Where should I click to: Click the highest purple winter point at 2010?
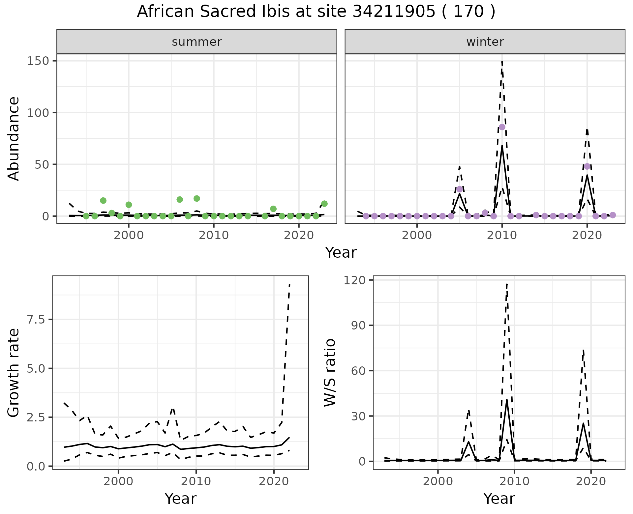(502, 127)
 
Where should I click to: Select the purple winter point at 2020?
(587, 166)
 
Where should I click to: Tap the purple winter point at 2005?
(459, 189)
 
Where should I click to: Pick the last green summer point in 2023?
(324, 204)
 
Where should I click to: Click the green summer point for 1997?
(103, 201)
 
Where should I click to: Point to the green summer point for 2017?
(273, 209)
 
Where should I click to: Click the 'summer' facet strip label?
(197, 42)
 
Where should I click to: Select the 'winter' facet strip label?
(485, 42)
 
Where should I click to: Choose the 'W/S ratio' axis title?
(330, 372)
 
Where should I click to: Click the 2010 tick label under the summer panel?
(214, 236)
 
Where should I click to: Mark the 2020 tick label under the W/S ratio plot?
(591, 481)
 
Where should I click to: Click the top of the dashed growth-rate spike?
(289, 284)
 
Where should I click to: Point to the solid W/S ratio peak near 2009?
(507, 400)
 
